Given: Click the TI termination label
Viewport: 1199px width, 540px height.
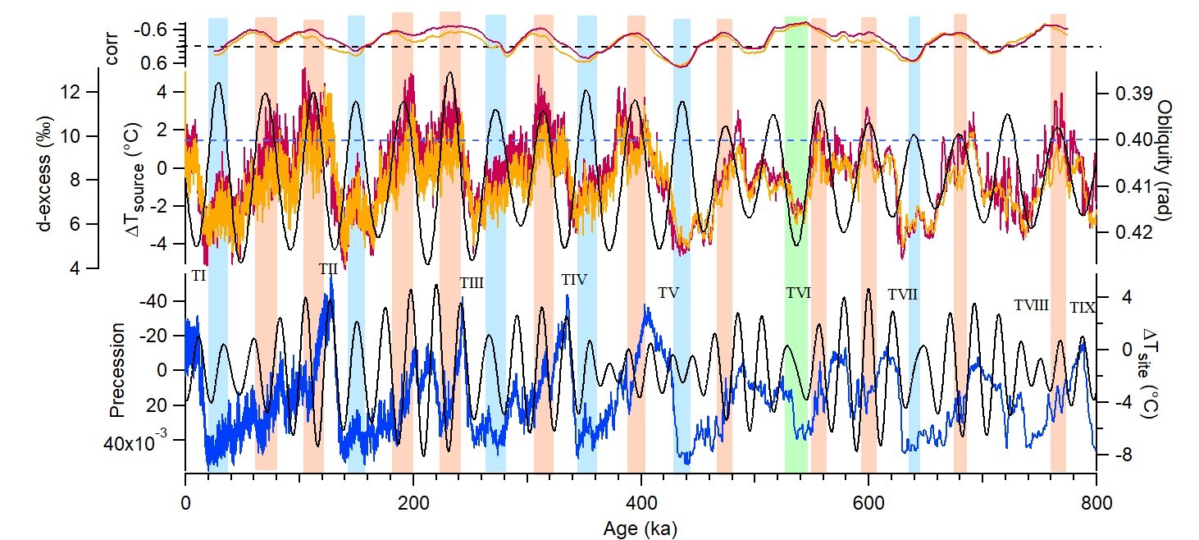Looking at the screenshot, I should click(x=198, y=277).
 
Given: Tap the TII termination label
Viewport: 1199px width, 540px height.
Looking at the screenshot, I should click(x=328, y=268).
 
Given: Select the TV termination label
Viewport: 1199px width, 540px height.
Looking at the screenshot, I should click(x=668, y=293).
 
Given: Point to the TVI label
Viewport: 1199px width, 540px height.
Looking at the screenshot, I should click(x=798, y=292).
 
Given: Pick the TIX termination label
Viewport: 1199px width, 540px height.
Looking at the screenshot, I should click(x=1083, y=309).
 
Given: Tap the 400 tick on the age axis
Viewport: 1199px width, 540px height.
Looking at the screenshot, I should click(x=641, y=502).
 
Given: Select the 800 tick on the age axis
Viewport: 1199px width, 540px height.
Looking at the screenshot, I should click(x=1096, y=502).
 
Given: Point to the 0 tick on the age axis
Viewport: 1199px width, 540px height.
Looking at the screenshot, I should click(x=186, y=502).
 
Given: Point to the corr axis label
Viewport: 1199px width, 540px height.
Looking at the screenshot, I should click(x=114, y=47).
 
